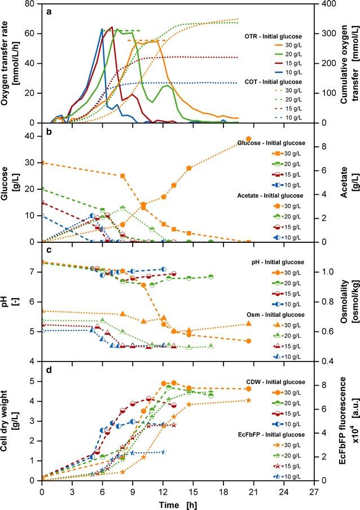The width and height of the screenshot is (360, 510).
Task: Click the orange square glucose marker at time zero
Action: point(42,163)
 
